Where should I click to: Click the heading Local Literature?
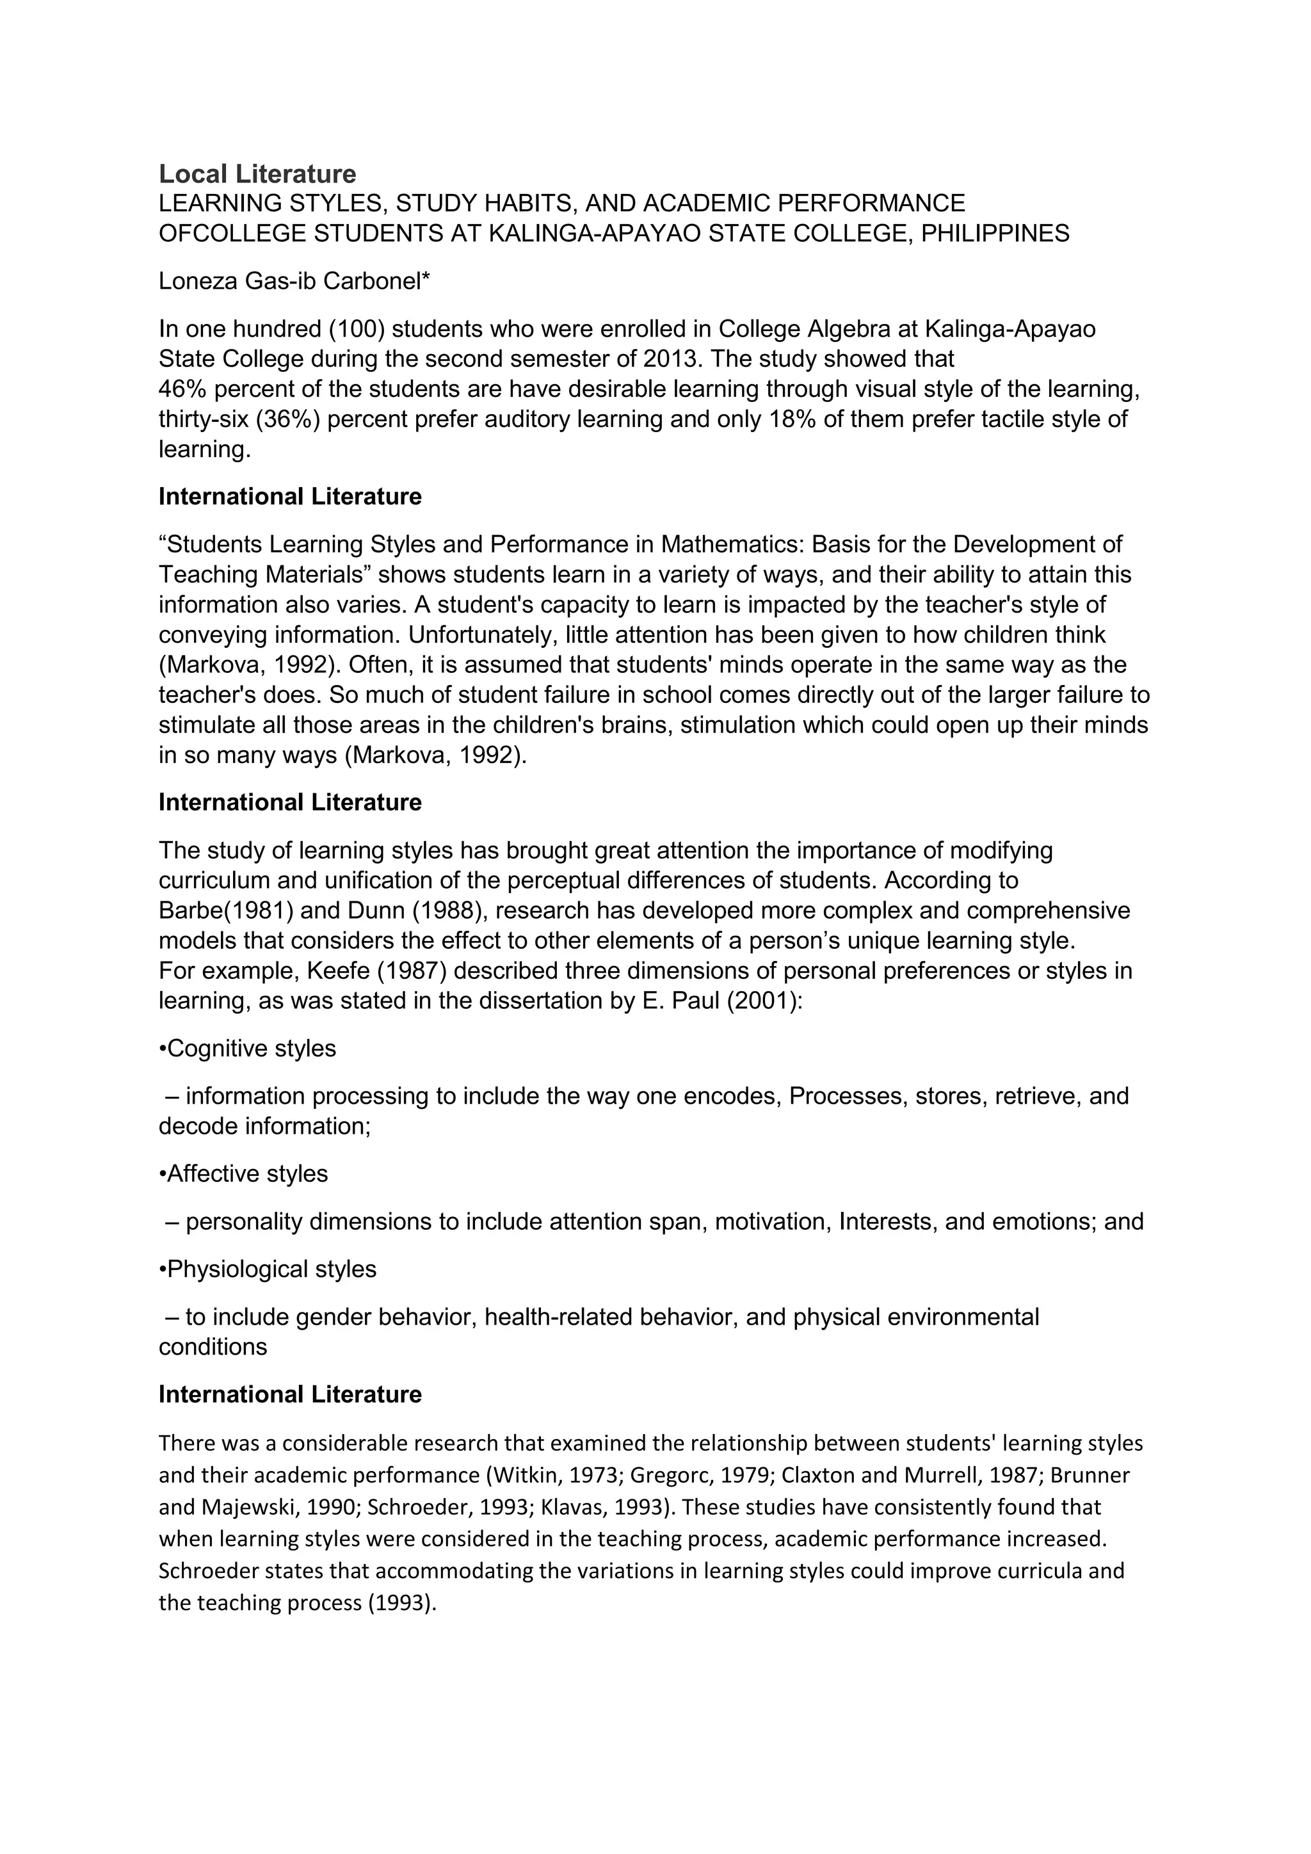click(x=257, y=173)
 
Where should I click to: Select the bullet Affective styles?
click(x=243, y=1173)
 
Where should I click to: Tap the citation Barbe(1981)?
click(x=225, y=910)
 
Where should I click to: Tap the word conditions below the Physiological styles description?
click(x=213, y=1347)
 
